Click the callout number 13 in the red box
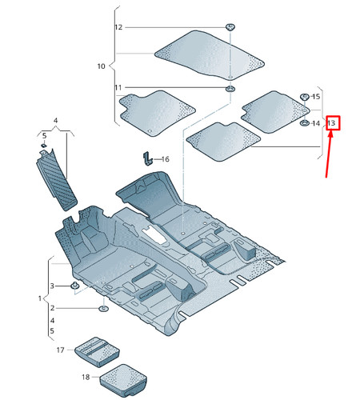coord(331,123)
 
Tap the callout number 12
coord(118,27)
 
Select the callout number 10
coord(102,66)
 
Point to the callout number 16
coord(166,159)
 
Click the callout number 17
coord(61,350)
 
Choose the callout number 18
coord(86,377)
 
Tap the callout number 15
coord(316,97)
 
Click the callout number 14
coord(316,123)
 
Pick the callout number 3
coord(52,286)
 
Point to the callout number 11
coord(118,87)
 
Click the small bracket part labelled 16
coord(148,158)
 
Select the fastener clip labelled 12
coord(230,27)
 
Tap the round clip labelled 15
coord(304,97)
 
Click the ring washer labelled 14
coord(304,123)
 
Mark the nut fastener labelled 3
coord(74,286)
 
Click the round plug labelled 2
coord(103,309)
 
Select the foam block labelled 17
coord(97,351)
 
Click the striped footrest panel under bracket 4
coord(57,179)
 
